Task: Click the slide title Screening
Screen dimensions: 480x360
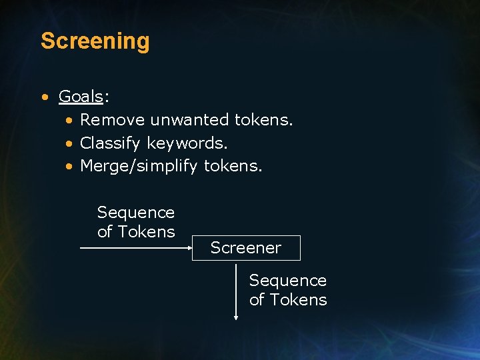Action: (x=95, y=41)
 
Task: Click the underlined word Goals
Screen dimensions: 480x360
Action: (x=81, y=97)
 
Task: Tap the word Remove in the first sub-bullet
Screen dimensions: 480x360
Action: (x=112, y=120)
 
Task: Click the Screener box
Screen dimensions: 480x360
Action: (x=246, y=248)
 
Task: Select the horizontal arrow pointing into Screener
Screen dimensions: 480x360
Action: (x=133, y=248)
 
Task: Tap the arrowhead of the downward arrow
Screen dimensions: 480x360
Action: (x=236, y=317)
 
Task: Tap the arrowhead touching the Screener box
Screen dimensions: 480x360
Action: (x=189, y=248)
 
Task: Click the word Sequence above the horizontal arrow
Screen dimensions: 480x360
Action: (x=136, y=213)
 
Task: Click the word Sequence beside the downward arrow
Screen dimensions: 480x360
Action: (x=288, y=281)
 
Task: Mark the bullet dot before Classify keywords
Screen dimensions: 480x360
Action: (x=69, y=143)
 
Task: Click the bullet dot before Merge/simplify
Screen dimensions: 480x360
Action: (x=69, y=166)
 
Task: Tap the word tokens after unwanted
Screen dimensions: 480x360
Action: (x=264, y=120)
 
